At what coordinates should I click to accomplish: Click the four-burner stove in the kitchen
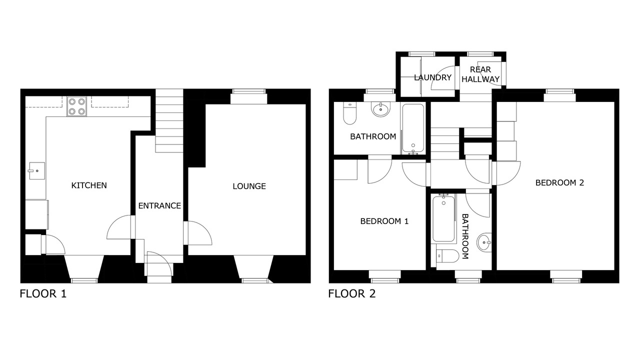click(x=77, y=106)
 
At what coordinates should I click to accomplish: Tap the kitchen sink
click(x=37, y=171)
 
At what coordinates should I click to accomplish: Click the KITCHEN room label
click(x=89, y=185)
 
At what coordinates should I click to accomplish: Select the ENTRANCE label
click(x=159, y=205)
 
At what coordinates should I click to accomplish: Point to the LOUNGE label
click(x=249, y=186)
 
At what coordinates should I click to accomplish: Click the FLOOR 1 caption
click(x=43, y=293)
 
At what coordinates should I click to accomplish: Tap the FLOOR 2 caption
click(x=351, y=293)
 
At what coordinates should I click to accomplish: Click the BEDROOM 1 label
click(x=384, y=221)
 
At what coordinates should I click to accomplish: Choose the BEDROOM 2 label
click(x=559, y=182)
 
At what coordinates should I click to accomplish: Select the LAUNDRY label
click(x=432, y=77)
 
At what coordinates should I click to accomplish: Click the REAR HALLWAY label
click(x=480, y=74)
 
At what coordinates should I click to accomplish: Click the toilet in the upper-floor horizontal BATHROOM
click(x=349, y=113)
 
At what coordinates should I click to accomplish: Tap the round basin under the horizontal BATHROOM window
click(x=380, y=109)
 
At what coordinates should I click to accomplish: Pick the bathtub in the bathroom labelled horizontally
click(x=413, y=128)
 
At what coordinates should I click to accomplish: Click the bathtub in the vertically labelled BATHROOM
click(x=443, y=218)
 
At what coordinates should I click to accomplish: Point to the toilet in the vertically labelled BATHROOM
click(x=447, y=255)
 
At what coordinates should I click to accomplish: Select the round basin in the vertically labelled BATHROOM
click(x=484, y=242)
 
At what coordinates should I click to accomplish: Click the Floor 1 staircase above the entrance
click(x=169, y=120)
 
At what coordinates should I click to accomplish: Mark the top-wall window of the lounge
click(x=248, y=91)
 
